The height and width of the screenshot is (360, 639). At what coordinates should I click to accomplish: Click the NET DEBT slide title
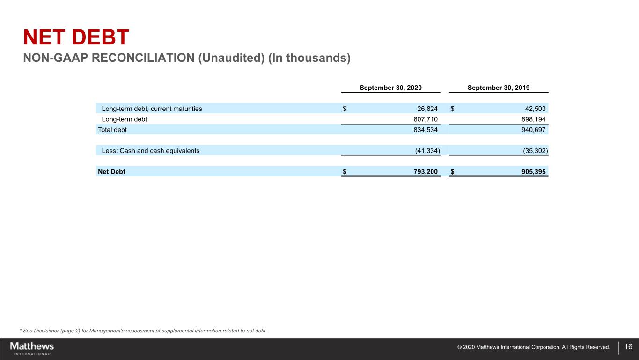76,38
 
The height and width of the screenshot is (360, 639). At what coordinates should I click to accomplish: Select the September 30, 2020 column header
390,88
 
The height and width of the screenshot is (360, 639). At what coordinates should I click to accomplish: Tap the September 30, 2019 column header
499,88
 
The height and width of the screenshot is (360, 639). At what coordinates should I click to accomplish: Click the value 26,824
424,109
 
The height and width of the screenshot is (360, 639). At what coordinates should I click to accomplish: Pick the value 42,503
532,109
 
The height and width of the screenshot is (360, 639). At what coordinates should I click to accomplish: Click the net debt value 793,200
424,171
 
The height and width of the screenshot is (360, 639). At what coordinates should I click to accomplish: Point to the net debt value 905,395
532,171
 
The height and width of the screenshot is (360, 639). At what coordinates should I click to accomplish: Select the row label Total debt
112,129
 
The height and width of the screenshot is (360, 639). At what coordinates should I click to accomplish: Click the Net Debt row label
111,171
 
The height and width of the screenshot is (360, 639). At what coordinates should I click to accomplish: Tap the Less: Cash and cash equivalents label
150,151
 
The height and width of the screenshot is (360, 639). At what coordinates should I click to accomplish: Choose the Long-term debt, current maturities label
152,109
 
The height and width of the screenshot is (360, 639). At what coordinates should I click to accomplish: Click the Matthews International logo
32,348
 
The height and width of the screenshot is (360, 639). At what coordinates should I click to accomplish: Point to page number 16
628,347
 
